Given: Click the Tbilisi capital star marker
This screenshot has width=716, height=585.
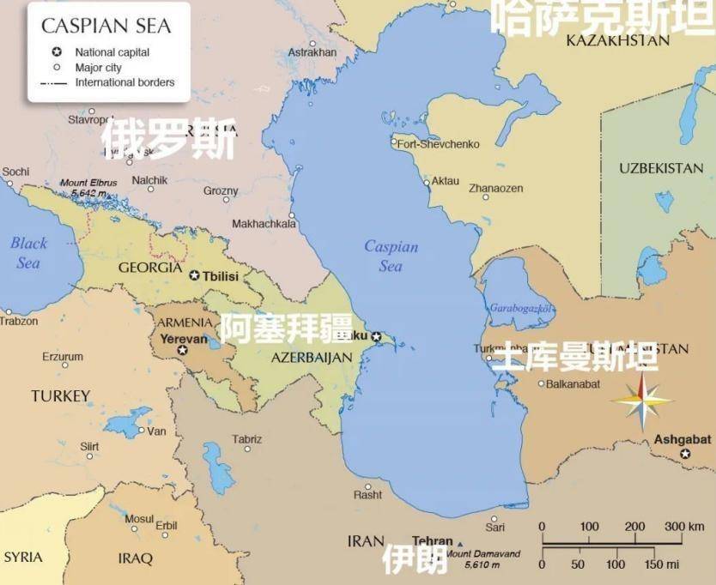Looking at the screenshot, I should pos(194,275).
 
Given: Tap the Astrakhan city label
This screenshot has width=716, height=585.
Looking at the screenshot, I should pos(312,52).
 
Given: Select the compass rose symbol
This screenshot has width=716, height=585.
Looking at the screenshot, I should pos(642,401).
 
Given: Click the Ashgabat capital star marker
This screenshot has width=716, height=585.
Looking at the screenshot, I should pos(685,454).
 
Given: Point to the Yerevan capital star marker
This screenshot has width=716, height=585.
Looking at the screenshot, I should pos(182,350).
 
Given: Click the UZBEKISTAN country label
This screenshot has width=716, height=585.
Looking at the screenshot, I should pos(661,168).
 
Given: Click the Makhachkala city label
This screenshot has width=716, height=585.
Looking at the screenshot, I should pos(264,224).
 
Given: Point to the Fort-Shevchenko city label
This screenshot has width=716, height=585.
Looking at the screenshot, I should pos(438,144).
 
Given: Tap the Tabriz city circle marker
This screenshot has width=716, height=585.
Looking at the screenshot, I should pos(247,448).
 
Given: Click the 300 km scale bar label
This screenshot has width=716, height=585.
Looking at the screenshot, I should pos(684,526).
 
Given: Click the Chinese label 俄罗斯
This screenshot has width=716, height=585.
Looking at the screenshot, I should pos(168,140).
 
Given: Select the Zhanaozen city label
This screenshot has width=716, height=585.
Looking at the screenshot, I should pos(495,188).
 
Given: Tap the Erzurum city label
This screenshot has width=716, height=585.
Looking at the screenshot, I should pos(63,357).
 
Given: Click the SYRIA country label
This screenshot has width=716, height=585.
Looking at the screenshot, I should pos(23,558).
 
